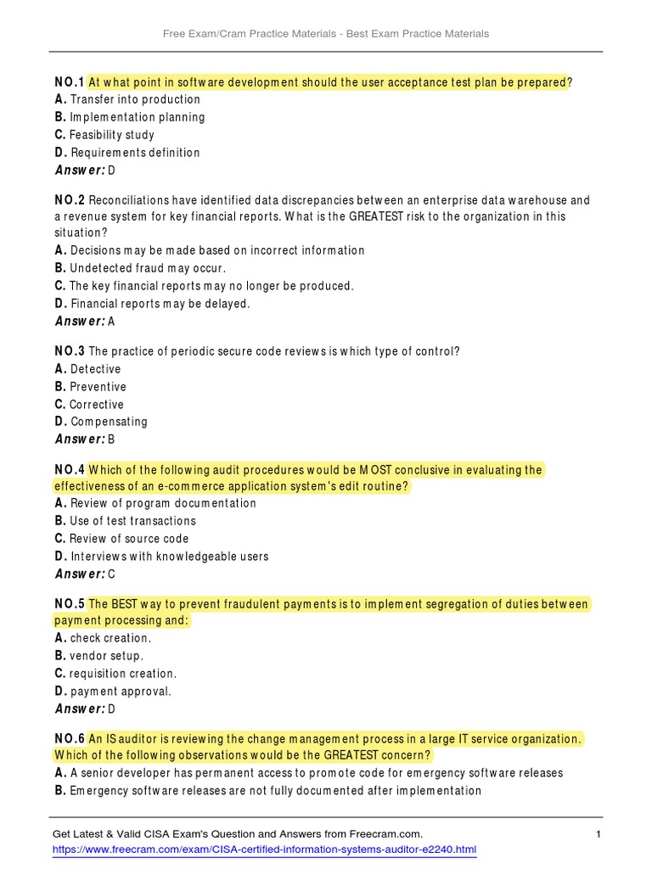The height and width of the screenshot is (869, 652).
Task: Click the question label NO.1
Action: (69, 82)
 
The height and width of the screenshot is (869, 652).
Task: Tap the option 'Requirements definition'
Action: (135, 153)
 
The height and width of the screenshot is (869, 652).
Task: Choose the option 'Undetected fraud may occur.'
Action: (148, 268)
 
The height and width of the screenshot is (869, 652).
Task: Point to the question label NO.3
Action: (69, 351)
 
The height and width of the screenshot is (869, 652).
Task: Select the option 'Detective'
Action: (95, 369)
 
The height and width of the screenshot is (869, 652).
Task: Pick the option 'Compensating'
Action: (109, 422)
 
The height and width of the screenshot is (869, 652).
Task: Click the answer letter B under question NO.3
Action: (111, 440)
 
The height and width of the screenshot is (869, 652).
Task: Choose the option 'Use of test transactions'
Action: (132, 521)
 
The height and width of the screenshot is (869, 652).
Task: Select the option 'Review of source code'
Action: (129, 539)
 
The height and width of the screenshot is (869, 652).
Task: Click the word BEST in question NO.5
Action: (122, 604)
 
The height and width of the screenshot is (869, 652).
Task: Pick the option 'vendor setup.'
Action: (107, 656)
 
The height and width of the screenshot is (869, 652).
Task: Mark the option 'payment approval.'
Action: (121, 692)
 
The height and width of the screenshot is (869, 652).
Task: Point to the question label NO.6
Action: (69, 738)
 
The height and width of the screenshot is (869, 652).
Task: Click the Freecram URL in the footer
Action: (264, 849)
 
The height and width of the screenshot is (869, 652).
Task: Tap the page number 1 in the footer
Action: (599, 835)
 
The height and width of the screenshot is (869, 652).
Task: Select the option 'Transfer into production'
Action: (135, 99)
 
